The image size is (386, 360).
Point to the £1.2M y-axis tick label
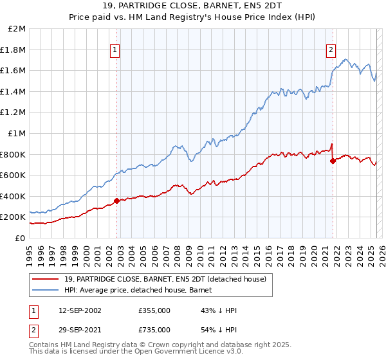pos(14,113)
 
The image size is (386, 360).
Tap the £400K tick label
pos(14,196)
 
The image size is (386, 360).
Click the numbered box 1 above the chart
pos(115,50)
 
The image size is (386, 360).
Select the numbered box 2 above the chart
pos(331,50)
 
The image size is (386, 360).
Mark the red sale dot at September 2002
pos(116,201)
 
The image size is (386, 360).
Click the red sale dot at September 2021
pos(333,161)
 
